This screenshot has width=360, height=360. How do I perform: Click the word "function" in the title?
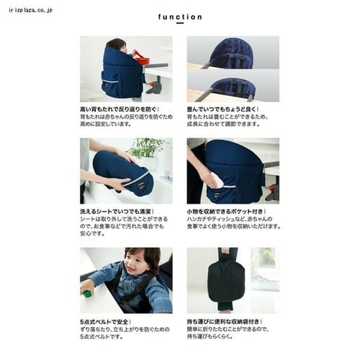click(179, 17)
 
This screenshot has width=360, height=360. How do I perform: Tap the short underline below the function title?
click(179, 24)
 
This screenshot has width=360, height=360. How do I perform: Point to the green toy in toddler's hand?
click(86, 293)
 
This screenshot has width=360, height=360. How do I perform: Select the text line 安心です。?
click(91, 233)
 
